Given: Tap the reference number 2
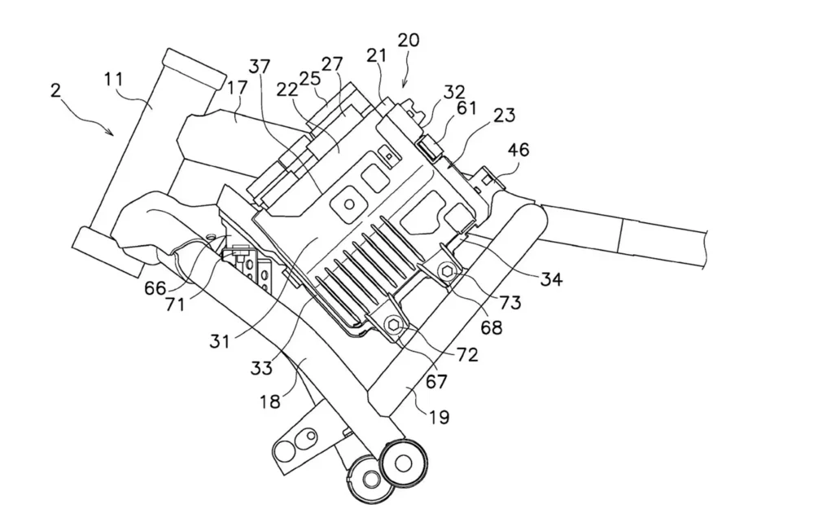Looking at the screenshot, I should pyautogui.click(x=55, y=90).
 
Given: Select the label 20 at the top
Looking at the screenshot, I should pyautogui.click(x=409, y=41).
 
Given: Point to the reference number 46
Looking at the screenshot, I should pyautogui.click(x=519, y=150).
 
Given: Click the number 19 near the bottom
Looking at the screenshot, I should pyautogui.click(x=437, y=418).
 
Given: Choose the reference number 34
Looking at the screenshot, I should pyautogui.click(x=550, y=279).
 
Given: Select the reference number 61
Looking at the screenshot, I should pyautogui.click(x=466, y=108).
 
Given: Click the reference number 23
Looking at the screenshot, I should pyautogui.click(x=503, y=116).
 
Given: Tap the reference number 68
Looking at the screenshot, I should pyautogui.click(x=492, y=328).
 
